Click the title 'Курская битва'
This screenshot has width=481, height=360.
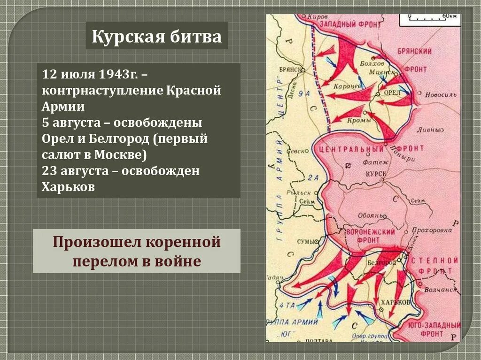(156, 36)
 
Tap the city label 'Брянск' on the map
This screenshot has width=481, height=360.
(289, 69)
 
